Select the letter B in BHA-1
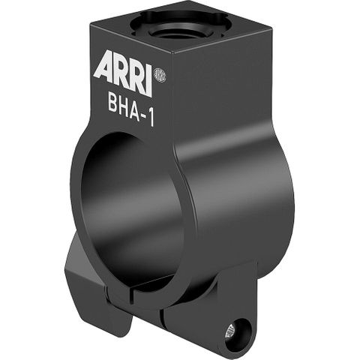click(x=112, y=103)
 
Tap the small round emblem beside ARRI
click(x=159, y=75)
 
